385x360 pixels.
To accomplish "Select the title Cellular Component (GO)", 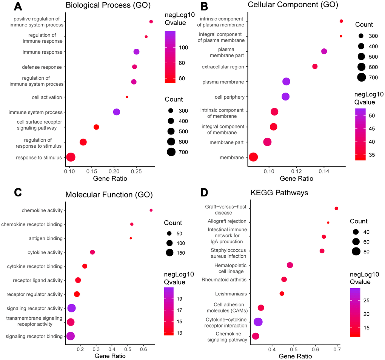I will point(287,5).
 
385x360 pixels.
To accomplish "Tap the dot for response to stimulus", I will point(71,157).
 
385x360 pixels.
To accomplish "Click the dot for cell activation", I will point(127,97).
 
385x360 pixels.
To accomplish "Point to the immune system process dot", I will point(117,112).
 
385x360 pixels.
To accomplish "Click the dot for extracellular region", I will point(315,66).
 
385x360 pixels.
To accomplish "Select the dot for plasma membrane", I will point(286,82).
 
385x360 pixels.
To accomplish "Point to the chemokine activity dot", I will point(151,210).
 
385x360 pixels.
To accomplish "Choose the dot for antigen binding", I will point(131,238).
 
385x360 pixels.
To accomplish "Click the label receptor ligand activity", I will point(43,280).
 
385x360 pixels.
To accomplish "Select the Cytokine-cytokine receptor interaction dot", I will point(258,322).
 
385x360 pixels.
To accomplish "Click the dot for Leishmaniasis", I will point(282,294).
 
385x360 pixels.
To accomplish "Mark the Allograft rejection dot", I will point(328,222).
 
